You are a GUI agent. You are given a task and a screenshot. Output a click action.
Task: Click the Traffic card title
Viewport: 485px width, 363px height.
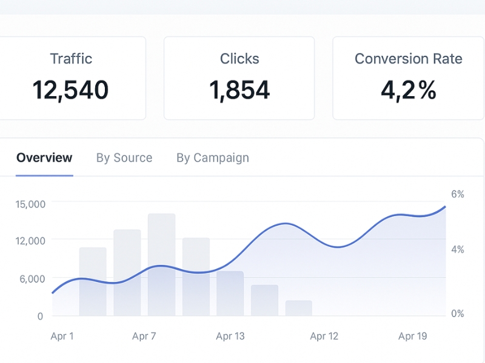click(x=71, y=59)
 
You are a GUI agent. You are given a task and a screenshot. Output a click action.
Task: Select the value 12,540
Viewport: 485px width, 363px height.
click(x=70, y=90)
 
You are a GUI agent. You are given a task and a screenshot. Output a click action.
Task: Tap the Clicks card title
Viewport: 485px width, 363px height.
click(x=239, y=59)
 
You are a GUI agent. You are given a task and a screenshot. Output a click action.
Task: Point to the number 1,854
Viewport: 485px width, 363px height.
click(x=239, y=90)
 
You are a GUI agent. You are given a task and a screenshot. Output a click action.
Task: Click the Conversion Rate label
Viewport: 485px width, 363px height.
click(x=408, y=59)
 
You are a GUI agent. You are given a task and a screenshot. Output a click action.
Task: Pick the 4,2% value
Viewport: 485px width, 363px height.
click(x=408, y=90)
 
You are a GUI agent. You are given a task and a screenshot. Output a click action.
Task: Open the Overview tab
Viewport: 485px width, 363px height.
click(x=44, y=158)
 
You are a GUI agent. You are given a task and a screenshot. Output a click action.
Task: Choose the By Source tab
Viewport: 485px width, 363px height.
click(x=124, y=158)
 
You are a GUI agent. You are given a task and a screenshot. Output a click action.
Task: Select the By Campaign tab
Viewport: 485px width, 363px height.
click(x=213, y=158)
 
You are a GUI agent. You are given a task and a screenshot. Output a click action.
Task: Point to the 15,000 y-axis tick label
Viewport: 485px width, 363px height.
click(x=30, y=204)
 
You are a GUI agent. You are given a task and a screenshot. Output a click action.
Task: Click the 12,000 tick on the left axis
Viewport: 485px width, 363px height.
click(x=30, y=241)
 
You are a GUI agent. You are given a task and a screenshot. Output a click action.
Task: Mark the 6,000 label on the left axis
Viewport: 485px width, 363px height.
click(x=32, y=279)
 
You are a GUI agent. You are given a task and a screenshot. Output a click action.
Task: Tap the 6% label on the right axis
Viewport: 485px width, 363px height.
click(x=457, y=194)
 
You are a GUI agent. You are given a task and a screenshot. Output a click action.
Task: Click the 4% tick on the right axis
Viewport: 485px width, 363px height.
click(x=457, y=249)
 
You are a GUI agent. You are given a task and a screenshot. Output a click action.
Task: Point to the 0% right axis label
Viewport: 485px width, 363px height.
click(x=457, y=313)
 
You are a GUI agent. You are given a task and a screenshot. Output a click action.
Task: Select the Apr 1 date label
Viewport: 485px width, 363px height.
click(x=62, y=336)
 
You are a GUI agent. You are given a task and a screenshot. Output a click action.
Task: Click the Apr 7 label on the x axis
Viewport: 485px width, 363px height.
click(x=144, y=336)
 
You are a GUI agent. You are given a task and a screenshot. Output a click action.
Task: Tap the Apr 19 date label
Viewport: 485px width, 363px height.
click(x=413, y=336)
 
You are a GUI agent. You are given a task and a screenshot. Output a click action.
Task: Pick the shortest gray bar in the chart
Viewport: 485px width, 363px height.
click(x=298, y=308)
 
